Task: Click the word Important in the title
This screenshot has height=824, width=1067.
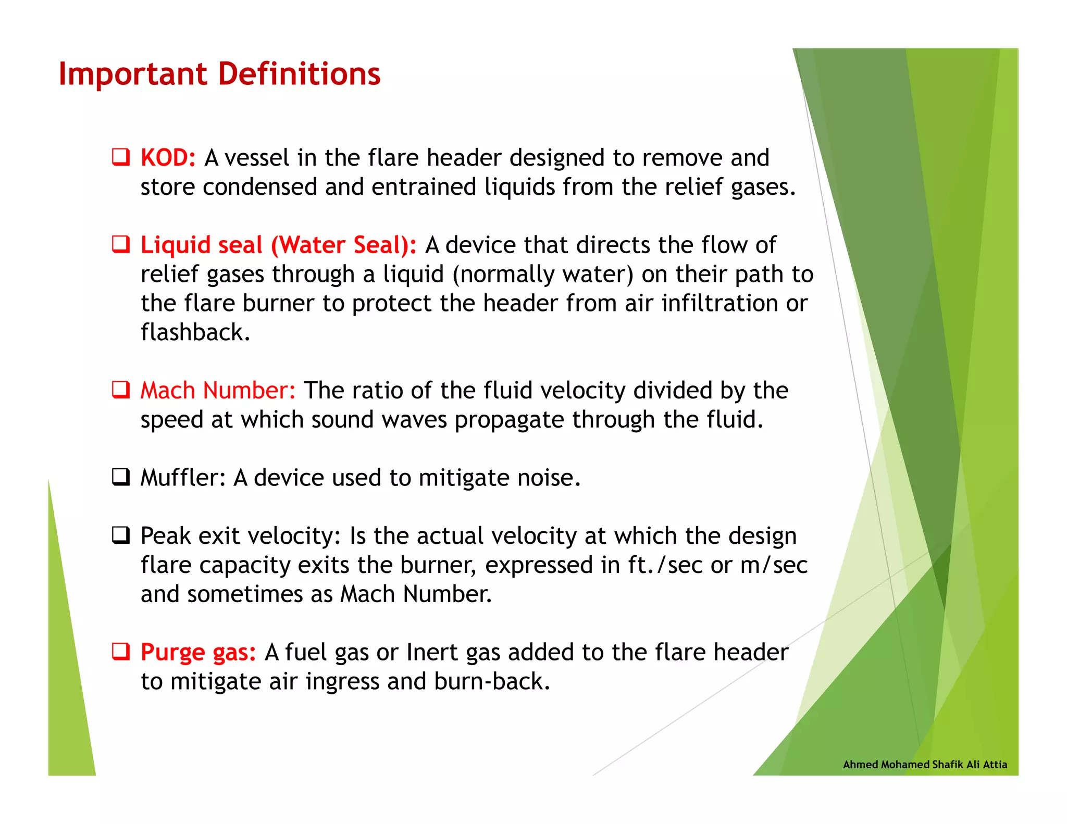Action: (133, 74)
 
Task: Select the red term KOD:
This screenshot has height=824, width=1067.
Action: (168, 158)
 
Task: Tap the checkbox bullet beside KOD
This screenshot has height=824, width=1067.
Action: (121, 157)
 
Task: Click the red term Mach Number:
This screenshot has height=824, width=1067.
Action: (218, 390)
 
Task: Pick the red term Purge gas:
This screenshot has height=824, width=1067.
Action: (198, 652)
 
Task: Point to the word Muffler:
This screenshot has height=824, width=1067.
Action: (183, 477)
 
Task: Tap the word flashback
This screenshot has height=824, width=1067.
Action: (195, 332)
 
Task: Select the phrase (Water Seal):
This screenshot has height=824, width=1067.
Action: (344, 245)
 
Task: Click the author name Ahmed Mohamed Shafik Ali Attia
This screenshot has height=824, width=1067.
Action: (925, 764)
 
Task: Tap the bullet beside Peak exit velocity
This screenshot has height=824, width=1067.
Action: (121, 535)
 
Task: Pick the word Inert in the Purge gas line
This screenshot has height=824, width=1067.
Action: (432, 652)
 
